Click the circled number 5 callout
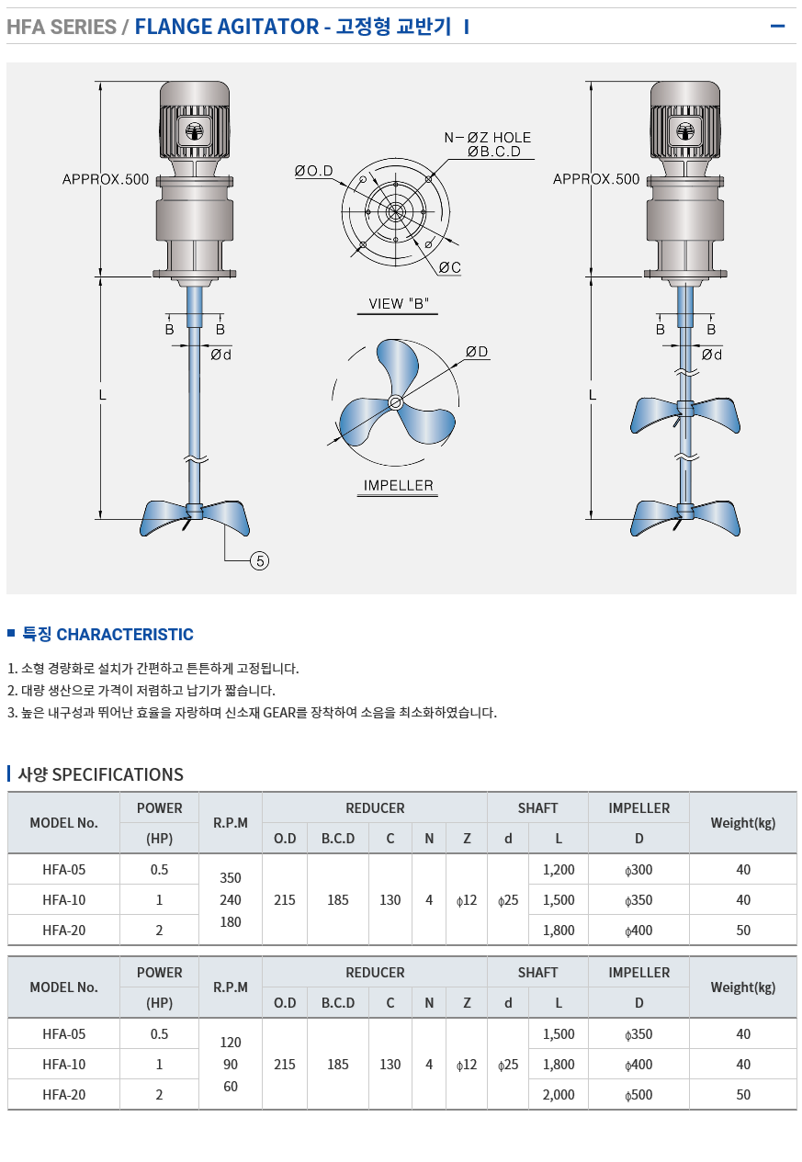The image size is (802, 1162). [259, 560]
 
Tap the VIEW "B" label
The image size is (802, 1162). [399, 303]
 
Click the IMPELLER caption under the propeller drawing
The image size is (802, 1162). [398, 485]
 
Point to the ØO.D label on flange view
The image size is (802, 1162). [314, 171]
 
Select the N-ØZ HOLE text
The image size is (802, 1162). [488, 138]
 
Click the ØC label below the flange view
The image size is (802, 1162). [450, 267]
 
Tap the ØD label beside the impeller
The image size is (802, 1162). [477, 352]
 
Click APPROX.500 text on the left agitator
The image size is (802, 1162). [106, 179]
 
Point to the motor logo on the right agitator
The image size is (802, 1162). [684, 131]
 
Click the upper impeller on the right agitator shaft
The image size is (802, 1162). [685, 413]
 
